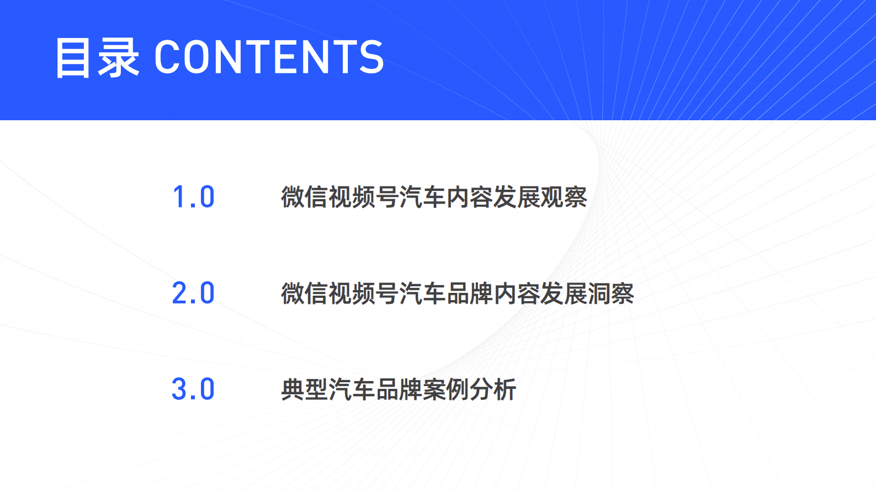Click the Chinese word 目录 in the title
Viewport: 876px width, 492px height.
click(x=97, y=57)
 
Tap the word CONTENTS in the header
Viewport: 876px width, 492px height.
click(x=269, y=57)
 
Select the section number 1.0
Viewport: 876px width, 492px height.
click(x=193, y=197)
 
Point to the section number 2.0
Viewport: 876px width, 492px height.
click(x=193, y=293)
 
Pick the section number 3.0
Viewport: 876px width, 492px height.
click(x=193, y=389)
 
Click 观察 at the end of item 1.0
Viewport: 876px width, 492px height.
click(x=564, y=197)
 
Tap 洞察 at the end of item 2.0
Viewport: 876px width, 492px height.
click(x=610, y=293)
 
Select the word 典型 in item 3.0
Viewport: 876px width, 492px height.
click(x=305, y=389)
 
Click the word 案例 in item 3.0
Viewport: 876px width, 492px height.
click(x=446, y=389)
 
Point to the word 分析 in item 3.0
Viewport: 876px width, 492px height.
click(x=493, y=389)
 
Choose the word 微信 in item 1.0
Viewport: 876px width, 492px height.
click(x=305, y=197)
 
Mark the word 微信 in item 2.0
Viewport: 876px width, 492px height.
click(x=305, y=293)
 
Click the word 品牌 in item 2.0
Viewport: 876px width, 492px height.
click(x=469, y=293)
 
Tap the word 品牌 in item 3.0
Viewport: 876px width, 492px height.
click(x=399, y=389)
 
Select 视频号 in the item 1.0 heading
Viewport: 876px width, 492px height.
click(x=364, y=197)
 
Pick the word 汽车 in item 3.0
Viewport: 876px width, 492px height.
click(x=352, y=389)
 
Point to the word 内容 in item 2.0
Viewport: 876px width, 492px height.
click(x=517, y=293)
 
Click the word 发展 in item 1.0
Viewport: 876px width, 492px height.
click(x=517, y=197)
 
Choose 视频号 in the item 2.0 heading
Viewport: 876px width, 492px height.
click(x=364, y=293)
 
